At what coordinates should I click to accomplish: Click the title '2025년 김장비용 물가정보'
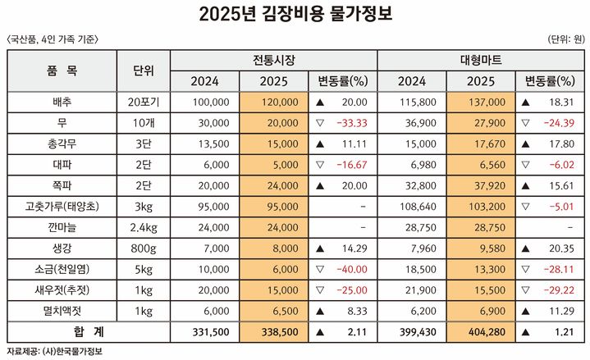[295, 15]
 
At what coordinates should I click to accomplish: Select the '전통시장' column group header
[274, 61]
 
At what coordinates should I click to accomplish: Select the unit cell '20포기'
[143, 102]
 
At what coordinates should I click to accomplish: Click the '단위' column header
[143, 71]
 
